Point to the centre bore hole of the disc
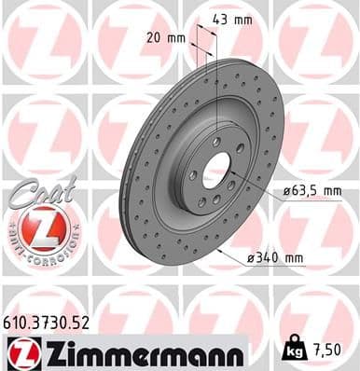point(216,171)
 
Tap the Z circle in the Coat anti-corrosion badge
point(43,227)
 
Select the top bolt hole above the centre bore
point(216,142)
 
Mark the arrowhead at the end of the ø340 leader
point(217,250)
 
